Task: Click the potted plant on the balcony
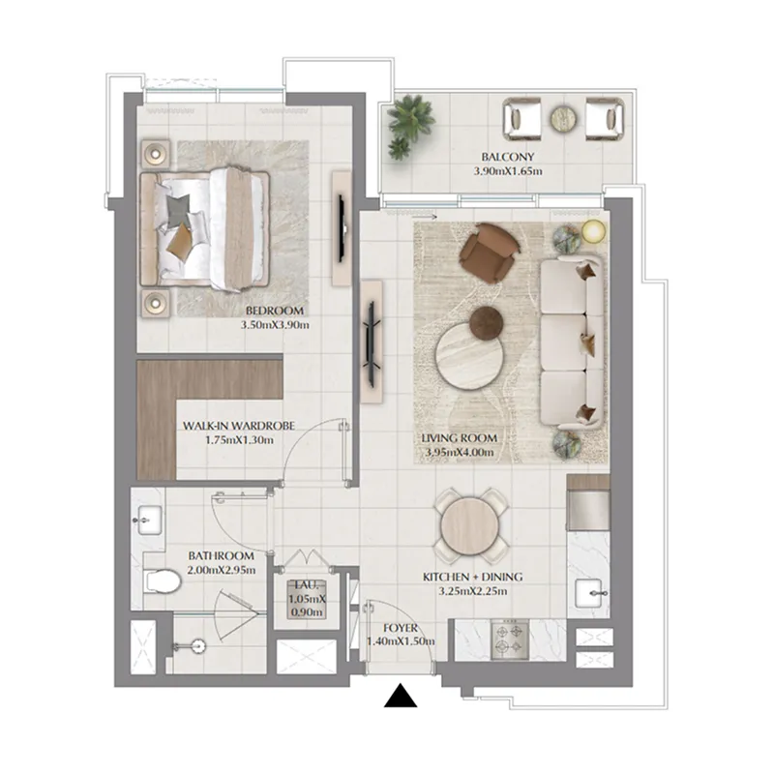coord(409,124)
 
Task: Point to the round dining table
coord(469,524)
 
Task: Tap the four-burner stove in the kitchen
coord(510,640)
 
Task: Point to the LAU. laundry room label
coord(307,585)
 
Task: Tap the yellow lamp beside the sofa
coord(592,230)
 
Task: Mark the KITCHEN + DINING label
coord(464,577)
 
